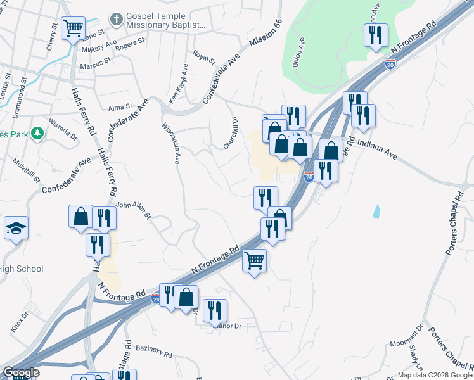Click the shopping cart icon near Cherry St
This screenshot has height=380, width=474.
click(73, 27)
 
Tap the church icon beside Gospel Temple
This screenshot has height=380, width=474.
click(116, 19)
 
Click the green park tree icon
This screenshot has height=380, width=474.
click(38, 134)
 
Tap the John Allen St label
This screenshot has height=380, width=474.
click(132, 210)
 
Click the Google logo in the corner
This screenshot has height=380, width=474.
click(21, 372)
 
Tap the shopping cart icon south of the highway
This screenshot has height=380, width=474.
click(254, 260)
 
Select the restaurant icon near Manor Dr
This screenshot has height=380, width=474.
click(215, 310)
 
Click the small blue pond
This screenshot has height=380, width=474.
click(378, 210)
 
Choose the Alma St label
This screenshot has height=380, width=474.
click(120, 108)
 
